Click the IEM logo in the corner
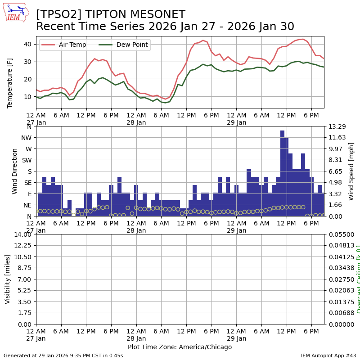coord(16,13)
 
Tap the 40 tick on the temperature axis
coord(27,44)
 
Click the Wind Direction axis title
coord(15,171)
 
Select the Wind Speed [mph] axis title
coord(351,171)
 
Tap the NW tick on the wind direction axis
coord(27,138)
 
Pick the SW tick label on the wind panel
coord(27,160)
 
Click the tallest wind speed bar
coord(282,173)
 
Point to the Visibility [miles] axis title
coord(8,279)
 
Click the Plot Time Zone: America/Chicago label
coord(180,347)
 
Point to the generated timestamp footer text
coord(63,355)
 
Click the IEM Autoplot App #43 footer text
coord(328,355)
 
